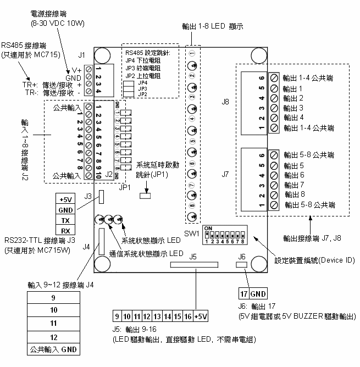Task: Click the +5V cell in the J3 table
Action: coord(65,199)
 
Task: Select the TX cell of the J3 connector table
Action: coord(65,220)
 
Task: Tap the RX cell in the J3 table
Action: coord(65,230)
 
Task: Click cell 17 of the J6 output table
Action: coord(244,293)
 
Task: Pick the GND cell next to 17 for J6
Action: coord(258,293)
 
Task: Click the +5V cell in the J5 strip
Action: coord(201,316)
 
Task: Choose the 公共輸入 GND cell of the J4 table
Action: coord(53,349)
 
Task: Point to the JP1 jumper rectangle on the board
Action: coord(146,194)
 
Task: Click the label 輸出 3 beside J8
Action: coord(293,108)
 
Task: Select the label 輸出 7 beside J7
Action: coord(293,185)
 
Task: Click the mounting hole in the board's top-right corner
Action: coord(258,55)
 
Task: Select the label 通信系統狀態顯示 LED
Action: coord(146,254)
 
